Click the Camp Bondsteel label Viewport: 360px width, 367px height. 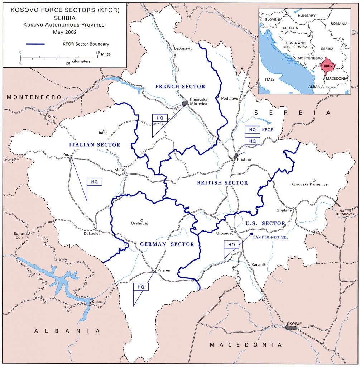point(270,237)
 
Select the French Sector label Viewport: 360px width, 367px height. point(180,86)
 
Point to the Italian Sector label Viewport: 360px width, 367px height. point(95,144)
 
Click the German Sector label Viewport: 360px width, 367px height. point(167,244)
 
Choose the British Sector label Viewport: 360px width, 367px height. point(222,183)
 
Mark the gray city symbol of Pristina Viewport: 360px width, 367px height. point(235,156)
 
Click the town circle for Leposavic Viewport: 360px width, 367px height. point(173,46)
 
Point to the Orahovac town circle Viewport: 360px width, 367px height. point(142,220)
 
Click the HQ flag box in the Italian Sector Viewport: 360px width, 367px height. point(94,182)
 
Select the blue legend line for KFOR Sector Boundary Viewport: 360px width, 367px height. point(35,44)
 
